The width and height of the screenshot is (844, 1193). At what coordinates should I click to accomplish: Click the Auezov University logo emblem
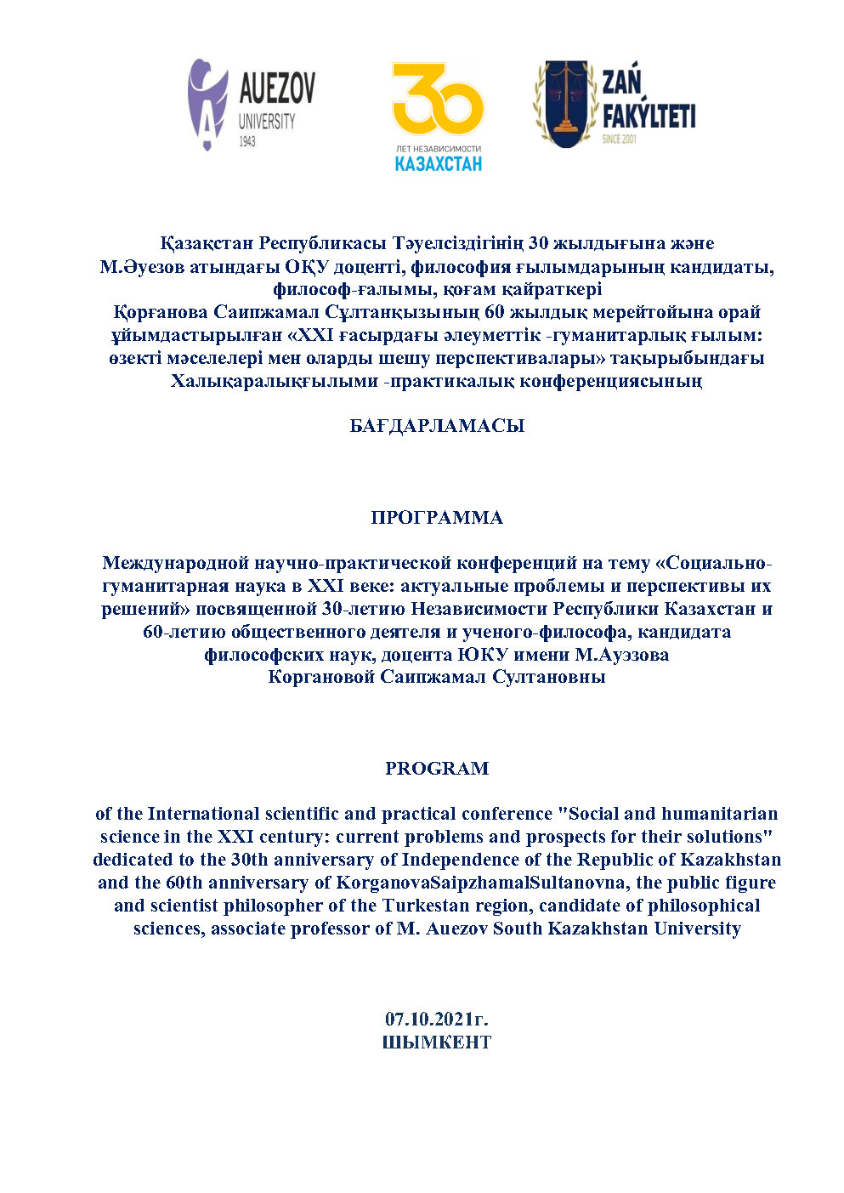pyautogui.click(x=207, y=105)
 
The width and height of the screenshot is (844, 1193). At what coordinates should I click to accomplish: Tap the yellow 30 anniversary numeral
pyautogui.click(x=438, y=101)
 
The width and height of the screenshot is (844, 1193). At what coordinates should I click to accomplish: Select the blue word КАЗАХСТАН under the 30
pyautogui.click(x=438, y=162)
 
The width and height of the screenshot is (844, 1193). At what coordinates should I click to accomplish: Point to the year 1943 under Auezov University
pyautogui.click(x=247, y=141)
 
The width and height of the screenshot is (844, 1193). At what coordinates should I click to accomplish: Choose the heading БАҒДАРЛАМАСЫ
pyautogui.click(x=437, y=426)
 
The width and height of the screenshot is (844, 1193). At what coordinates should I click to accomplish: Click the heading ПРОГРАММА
pyautogui.click(x=437, y=518)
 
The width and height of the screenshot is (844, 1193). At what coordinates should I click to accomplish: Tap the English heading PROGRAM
pyautogui.click(x=437, y=769)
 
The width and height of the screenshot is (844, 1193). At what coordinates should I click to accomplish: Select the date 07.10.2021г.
pyautogui.click(x=437, y=1019)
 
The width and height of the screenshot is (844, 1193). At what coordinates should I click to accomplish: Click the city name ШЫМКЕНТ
pyautogui.click(x=437, y=1042)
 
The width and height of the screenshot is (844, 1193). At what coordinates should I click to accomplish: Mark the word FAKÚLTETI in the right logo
pyautogui.click(x=649, y=116)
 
